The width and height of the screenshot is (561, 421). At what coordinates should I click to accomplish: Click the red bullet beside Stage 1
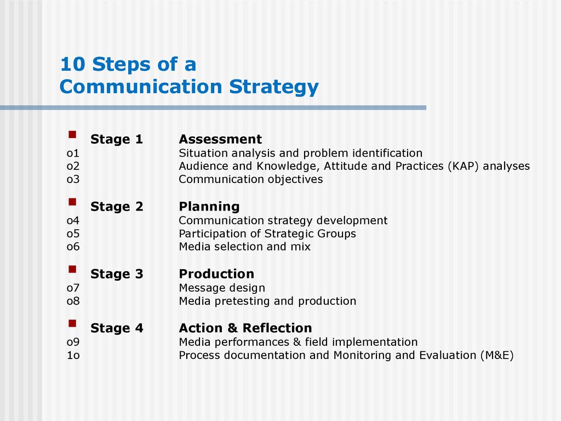72,135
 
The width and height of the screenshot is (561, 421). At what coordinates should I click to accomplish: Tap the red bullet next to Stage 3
72,269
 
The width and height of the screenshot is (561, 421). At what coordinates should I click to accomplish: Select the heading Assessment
220,139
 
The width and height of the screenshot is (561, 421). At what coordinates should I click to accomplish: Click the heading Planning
209,207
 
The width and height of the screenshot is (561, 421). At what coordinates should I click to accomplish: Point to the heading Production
216,274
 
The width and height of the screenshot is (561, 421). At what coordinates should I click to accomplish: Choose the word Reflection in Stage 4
277,328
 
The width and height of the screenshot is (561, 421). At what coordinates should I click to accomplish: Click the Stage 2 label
117,207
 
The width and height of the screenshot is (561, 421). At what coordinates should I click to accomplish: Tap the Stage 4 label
117,328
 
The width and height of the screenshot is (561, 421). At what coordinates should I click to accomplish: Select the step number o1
73,153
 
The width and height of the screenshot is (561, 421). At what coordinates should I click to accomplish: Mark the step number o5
73,234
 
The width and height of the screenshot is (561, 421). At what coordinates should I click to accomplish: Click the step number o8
73,301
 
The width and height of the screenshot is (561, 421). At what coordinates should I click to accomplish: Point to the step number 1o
73,355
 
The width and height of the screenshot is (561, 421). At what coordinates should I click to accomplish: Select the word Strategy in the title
274,87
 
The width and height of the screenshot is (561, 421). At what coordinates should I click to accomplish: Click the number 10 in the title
73,65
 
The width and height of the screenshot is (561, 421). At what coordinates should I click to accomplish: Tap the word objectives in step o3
295,179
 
